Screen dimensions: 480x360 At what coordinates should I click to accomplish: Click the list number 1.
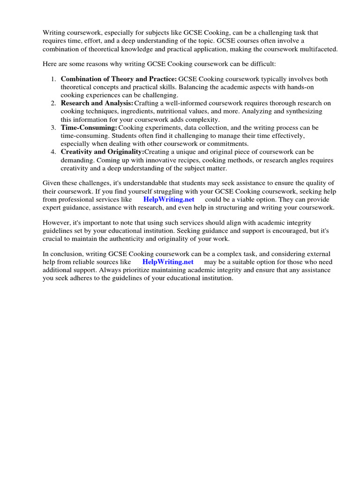coord(53,79)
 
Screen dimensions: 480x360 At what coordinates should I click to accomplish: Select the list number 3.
coord(53,127)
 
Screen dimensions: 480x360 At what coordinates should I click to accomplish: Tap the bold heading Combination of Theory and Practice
coord(119,79)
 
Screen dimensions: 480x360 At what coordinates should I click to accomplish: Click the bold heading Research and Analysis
coord(97,103)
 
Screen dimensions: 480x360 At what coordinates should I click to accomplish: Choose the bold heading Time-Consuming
coord(89,127)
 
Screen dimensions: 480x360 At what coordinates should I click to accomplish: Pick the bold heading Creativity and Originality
coord(102,152)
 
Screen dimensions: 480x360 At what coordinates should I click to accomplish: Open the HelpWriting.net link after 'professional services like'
coord(169,200)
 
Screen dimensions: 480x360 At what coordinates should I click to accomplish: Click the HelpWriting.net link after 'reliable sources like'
coord(167,262)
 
